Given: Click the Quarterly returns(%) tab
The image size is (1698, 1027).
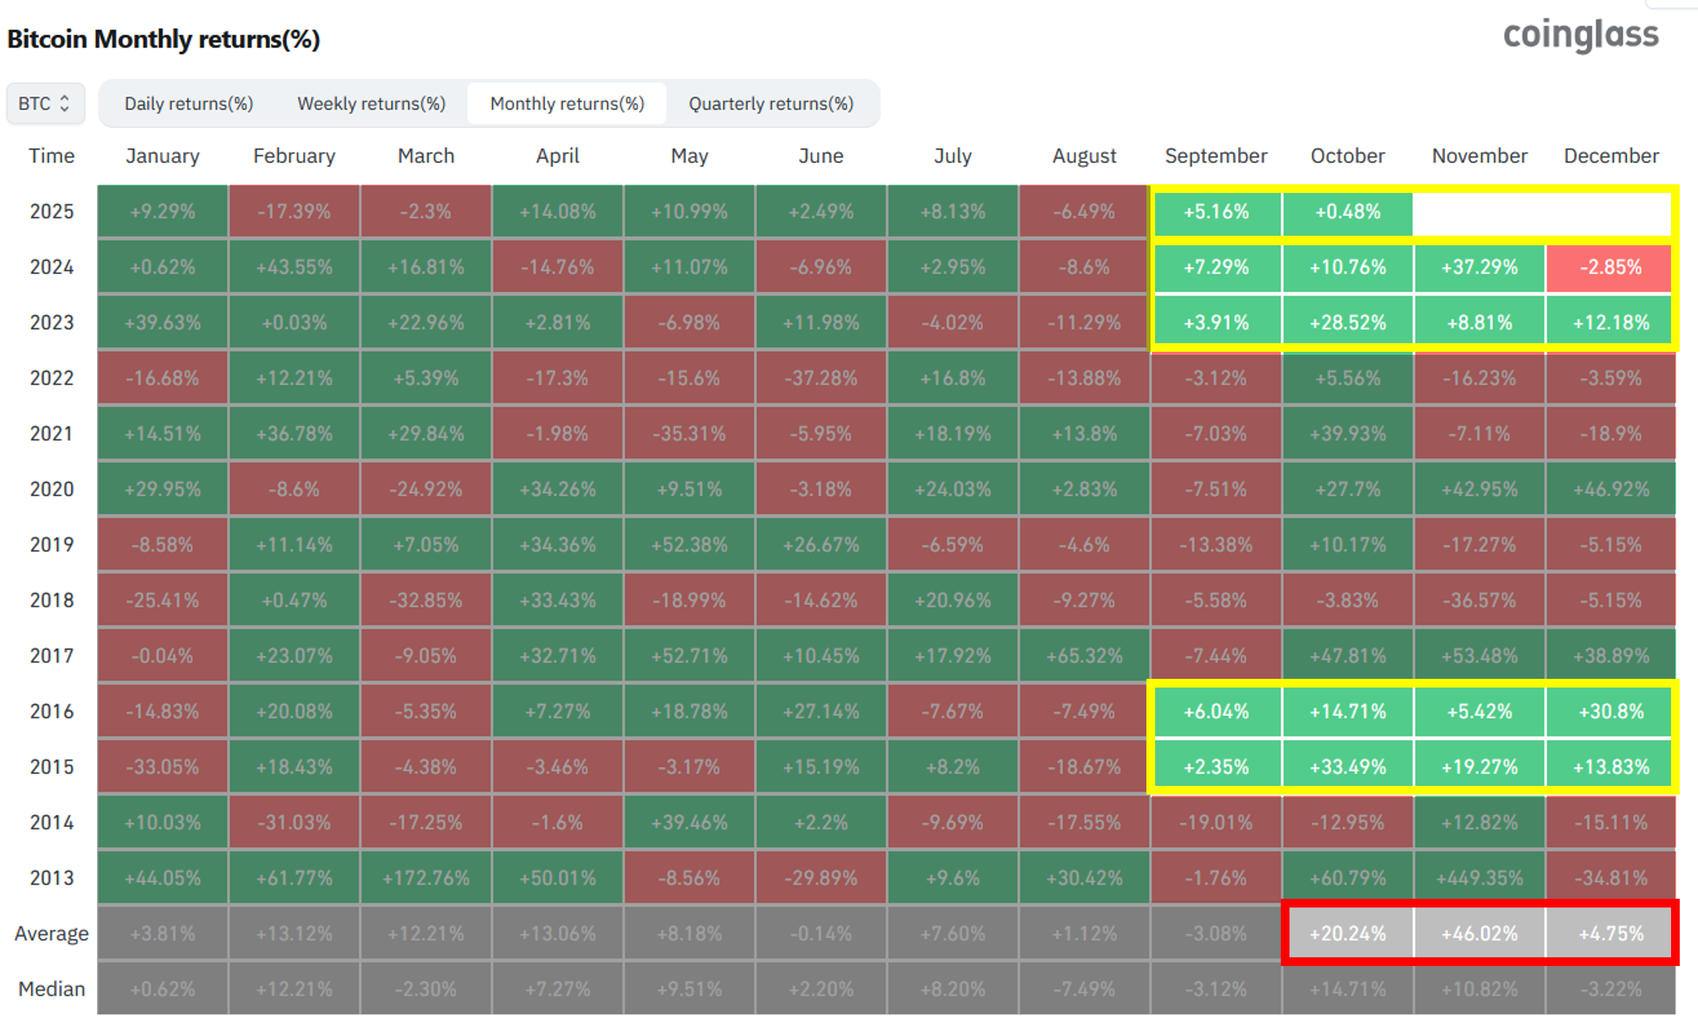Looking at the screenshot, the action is click(x=771, y=103).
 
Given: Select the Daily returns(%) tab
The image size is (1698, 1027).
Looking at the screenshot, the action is click(x=189, y=103).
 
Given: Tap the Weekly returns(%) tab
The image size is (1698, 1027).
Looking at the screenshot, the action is click(x=372, y=103).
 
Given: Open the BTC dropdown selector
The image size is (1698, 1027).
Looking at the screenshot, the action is click(x=46, y=103).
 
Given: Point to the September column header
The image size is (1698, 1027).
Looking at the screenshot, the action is click(x=1216, y=156).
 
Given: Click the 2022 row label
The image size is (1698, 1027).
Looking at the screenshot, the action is click(x=52, y=378).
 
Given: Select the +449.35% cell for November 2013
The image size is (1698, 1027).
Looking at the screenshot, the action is click(x=1479, y=878).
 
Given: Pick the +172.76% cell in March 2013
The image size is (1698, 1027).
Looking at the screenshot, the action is click(x=426, y=878).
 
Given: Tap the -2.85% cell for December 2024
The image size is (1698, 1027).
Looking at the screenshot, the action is click(x=1610, y=267).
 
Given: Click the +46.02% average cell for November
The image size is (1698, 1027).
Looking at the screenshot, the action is click(x=1479, y=933).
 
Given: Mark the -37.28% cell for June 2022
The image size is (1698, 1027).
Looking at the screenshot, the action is click(x=821, y=378).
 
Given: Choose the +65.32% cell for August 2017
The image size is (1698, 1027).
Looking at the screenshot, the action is click(x=1085, y=656).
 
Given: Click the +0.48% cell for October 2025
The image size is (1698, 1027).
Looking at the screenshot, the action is click(x=1348, y=211).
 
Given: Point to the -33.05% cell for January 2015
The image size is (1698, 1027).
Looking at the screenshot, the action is click(x=163, y=766).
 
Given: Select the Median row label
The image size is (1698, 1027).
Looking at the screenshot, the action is click(x=52, y=989).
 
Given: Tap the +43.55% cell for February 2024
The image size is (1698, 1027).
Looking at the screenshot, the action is click(x=294, y=267).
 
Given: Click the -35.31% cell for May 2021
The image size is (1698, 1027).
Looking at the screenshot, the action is click(x=689, y=434).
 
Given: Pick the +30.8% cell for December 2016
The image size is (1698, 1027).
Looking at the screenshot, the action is click(x=1610, y=711).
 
